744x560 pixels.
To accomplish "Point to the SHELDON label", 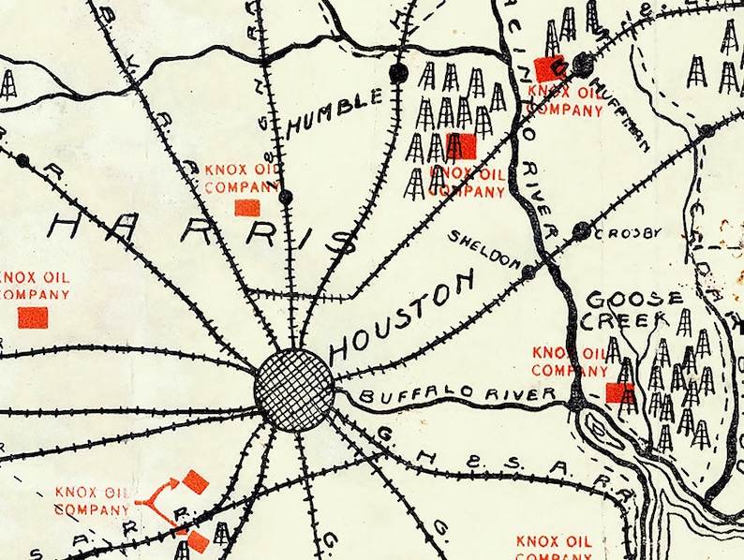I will pos(484,249).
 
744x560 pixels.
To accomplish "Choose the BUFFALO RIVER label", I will pos(457,394).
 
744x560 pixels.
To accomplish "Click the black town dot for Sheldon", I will pos(528,272).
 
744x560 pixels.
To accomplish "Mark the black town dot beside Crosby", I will pos(582,230).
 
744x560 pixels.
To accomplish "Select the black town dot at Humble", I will pos(399,73).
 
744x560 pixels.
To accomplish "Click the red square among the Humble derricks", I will pos(461,146).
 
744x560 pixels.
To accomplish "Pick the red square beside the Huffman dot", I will pos(547,69).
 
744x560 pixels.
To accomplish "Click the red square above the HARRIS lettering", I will pos(247,207).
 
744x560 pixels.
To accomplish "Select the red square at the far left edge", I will pos(33,317).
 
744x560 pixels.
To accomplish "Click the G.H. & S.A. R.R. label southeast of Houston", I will pos(506,464).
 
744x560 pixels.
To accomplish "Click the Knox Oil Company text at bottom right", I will pos(554,549).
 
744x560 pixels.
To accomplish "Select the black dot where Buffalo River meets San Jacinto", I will pos(577,404).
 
